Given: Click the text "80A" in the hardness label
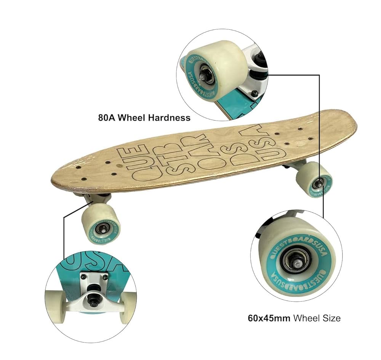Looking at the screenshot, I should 106,117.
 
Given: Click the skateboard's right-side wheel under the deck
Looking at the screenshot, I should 314,179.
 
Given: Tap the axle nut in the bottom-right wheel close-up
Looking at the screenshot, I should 295,262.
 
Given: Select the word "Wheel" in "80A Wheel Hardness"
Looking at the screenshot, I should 131,117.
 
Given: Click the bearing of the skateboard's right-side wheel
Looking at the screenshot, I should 317,184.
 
